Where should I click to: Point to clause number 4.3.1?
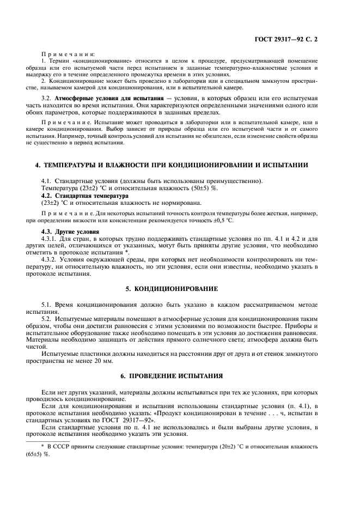pyautogui.click(x=50, y=238)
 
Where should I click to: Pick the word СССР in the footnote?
pyautogui.click(x=64, y=446)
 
